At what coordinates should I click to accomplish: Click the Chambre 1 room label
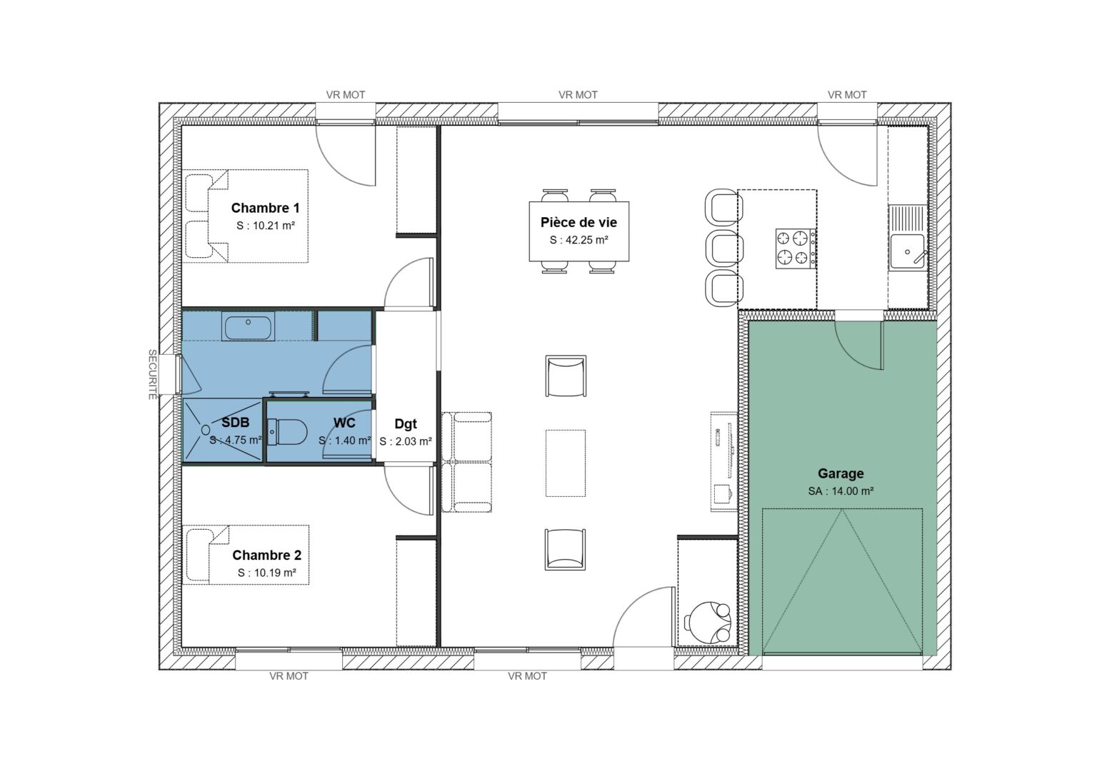coord(265,208)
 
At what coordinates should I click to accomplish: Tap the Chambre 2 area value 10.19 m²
coord(266,573)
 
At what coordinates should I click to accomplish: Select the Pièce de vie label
coord(578,223)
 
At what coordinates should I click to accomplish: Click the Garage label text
coord(841,473)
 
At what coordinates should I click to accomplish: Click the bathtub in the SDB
coord(248,328)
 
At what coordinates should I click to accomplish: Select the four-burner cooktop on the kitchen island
coord(796,248)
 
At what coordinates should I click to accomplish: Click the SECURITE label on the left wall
coord(152,374)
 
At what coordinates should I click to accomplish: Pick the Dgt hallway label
coord(405,424)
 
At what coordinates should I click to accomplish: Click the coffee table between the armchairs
coord(566,463)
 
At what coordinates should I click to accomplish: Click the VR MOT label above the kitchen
coord(847,94)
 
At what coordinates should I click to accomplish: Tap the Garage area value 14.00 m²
coord(841,491)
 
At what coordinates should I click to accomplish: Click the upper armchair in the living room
coord(566,376)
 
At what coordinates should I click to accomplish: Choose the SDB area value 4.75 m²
coord(236,440)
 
